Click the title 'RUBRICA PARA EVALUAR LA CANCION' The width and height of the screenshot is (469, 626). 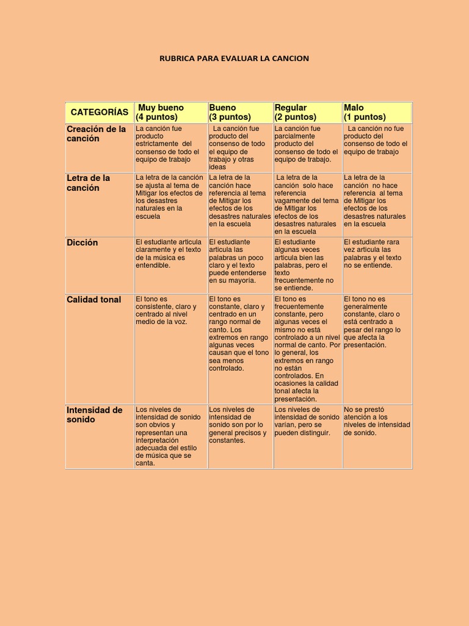(x=234, y=59)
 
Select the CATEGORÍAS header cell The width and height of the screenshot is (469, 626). (x=100, y=112)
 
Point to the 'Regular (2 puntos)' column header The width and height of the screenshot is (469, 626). (x=296, y=112)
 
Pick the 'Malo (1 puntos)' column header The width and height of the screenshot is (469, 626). (x=365, y=112)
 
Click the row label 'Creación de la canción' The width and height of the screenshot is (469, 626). (x=96, y=134)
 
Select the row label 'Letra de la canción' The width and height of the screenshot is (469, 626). (x=89, y=183)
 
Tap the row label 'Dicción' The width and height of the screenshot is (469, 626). (x=82, y=243)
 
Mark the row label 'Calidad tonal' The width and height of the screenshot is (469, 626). (x=94, y=300)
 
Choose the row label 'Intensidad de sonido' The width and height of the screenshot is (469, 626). (x=95, y=414)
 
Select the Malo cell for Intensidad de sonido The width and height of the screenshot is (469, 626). (x=377, y=421)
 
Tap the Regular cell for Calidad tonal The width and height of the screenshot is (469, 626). (x=307, y=348)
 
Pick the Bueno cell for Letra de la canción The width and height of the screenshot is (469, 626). (x=239, y=201)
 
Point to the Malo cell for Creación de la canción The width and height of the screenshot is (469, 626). (x=376, y=140)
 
